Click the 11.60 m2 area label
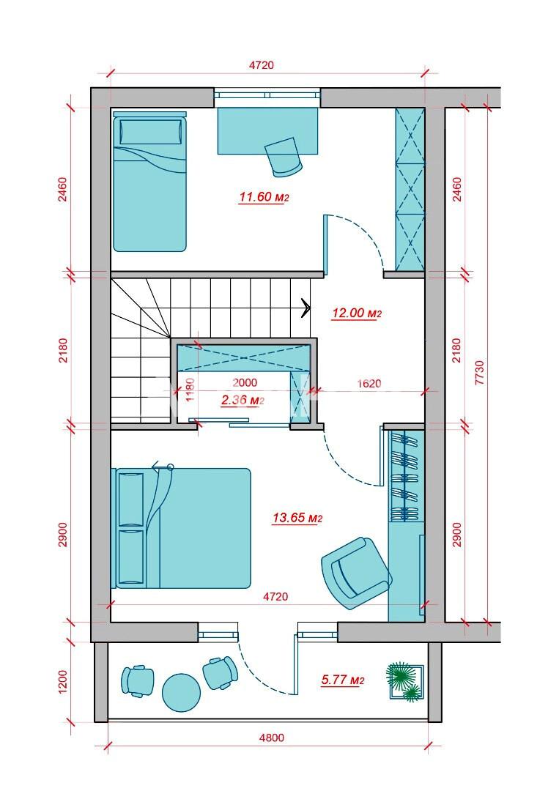(x=263, y=197)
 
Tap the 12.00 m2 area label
(x=356, y=313)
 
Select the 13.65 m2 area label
(x=297, y=518)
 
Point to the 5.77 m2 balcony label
(x=343, y=680)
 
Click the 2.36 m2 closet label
(x=243, y=400)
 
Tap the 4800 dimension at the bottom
(x=271, y=738)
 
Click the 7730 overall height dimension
(x=479, y=372)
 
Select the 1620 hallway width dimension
(x=369, y=383)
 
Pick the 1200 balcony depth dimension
(x=62, y=682)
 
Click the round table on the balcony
(x=181, y=693)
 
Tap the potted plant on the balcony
(x=405, y=682)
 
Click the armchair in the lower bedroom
(x=356, y=573)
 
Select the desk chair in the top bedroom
(x=284, y=157)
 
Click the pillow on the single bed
(x=150, y=132)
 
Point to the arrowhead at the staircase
(x=306, y=308)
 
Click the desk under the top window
(x=268, y=130)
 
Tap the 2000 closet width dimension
(x=245, y=383)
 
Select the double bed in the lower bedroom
(x=181, y=528)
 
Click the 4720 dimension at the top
(x=262, y=65)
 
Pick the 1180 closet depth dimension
(x=190, y=390)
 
